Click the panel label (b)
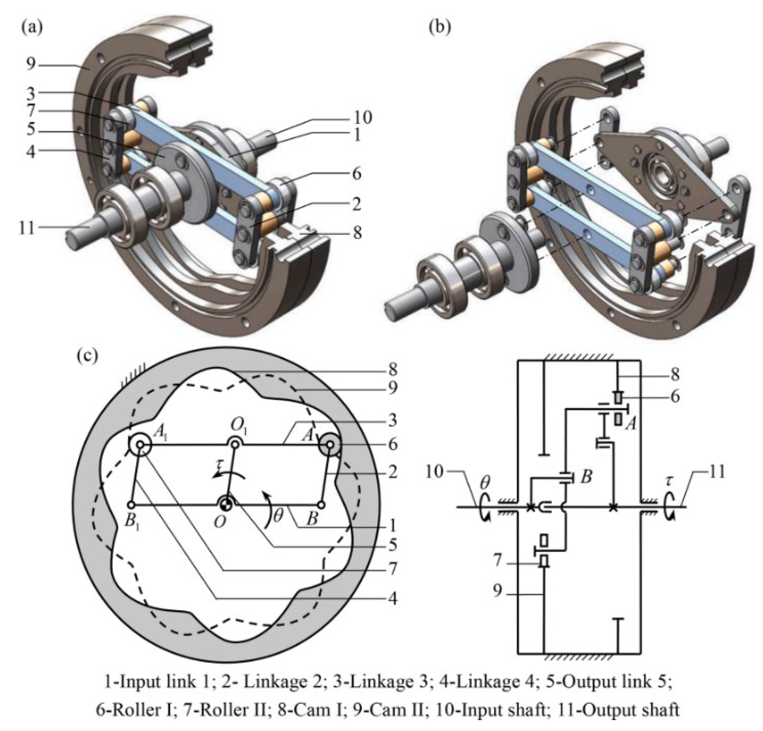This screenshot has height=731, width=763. click(439, 29)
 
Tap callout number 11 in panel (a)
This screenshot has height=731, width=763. click(27, 229)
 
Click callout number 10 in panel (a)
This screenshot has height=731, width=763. click(362, 117)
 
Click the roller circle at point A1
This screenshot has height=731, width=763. click(139, 445)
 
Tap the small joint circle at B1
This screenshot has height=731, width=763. click(132, 505)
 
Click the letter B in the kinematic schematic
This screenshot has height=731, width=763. click(586, 477)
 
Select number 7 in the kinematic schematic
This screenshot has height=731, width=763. click(498, 560)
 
